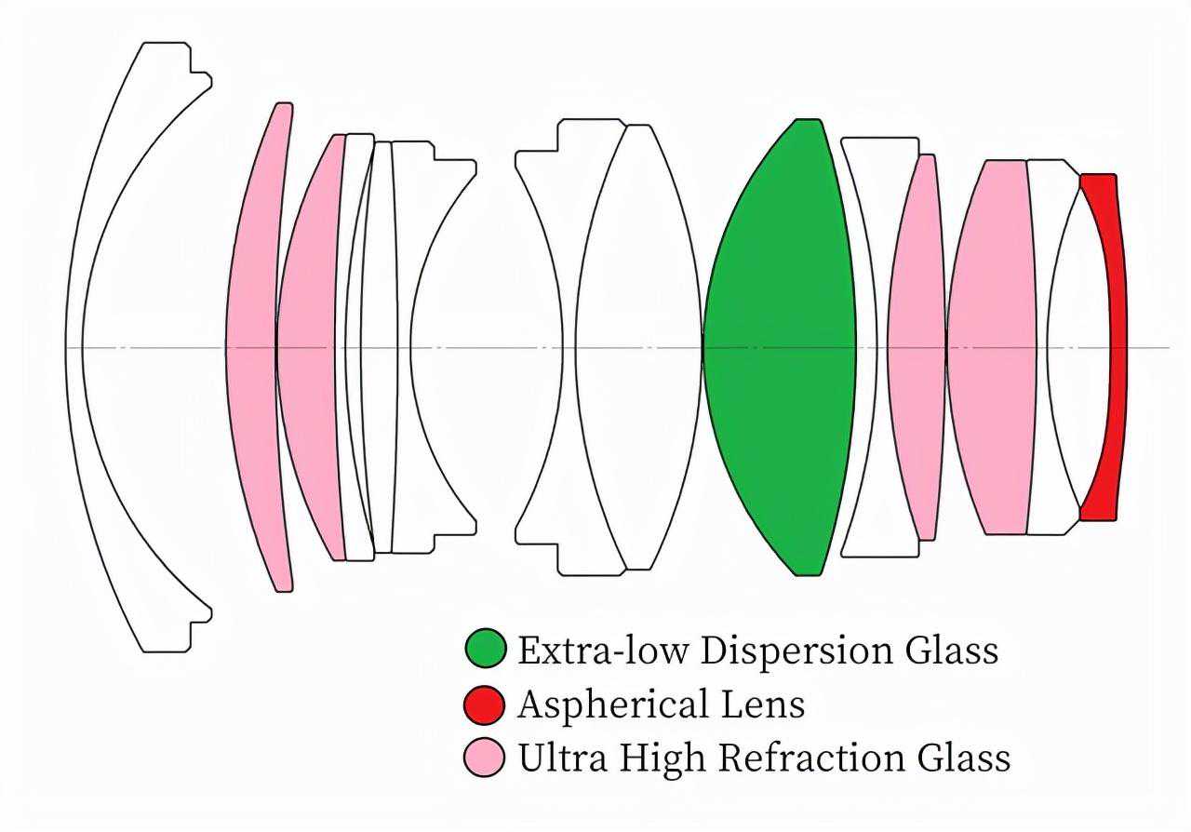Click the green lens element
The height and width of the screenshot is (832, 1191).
[x=780, y=347]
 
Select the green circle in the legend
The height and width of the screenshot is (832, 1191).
[x=486, y=648]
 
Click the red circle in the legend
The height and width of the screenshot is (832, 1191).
[x=484, y=705]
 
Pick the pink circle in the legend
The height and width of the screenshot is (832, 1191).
[x=484, y=757]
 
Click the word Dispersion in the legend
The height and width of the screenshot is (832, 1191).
[x=796, y=651]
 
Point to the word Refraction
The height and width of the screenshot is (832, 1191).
[x=811, y=758]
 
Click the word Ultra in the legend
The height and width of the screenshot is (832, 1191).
[x=562, y=758]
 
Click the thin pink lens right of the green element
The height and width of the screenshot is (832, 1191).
[x=917, y=347]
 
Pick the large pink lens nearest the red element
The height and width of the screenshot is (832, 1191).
[x=991, y=347]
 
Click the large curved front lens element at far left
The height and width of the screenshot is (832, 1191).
[x=74, y=347]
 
